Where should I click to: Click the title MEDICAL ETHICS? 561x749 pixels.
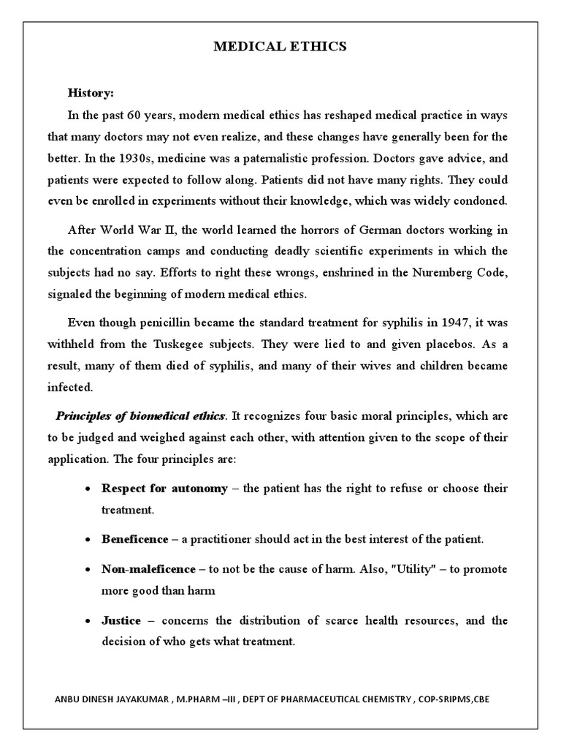coord(280,47)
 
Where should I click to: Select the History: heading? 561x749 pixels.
coord(91,93)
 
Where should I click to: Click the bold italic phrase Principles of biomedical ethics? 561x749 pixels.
coord(140,415)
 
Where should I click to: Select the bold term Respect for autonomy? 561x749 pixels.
coord(164,488)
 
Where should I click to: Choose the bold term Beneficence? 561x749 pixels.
coord(134,539)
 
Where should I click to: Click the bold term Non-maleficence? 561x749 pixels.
coord(148,568)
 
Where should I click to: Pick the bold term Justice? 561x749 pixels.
coord(121,620)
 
